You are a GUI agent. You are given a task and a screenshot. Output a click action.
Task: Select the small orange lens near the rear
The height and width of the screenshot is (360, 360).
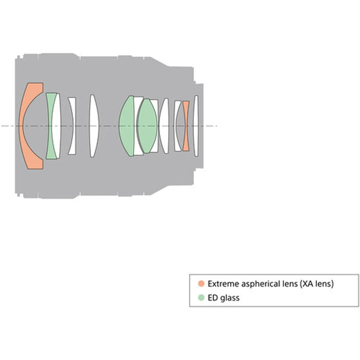pyautogui.click(x=186, y=126)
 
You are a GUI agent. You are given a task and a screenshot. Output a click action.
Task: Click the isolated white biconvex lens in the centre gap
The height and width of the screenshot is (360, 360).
pyautogui.click(x=94, y=126)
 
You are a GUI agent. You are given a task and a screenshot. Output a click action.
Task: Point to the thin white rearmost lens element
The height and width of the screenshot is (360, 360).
pyautogui.click(x=196, y=126)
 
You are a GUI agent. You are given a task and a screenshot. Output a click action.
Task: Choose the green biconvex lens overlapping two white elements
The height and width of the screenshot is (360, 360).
pyautogui.click(x=148, y=126)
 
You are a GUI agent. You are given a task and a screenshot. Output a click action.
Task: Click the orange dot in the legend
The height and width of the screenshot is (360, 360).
pyautogui.click(x=201, y=283)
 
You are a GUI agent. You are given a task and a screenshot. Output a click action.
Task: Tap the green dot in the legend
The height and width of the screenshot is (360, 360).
pyautogui.click(x=201, y=298)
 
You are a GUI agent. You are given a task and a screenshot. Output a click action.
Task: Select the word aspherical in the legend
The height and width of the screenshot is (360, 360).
pyautogui.click(x=260, y=284)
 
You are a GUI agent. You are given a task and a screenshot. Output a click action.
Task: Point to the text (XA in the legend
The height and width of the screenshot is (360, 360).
pyautogui.click(x=306, y=284)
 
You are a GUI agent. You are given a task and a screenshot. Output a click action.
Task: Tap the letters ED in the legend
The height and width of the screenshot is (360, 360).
pyautogui.click(x=212, y=298)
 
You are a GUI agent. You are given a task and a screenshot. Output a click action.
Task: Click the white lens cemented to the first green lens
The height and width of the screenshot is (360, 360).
pyautogui.click(x=57, y=126)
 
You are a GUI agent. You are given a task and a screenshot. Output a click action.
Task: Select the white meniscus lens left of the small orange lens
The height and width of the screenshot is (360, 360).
pyautogui.click(x=178, y=126)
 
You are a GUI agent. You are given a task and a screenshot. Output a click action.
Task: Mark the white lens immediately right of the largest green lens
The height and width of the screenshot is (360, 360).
pyautogui.click(x=139, y=126)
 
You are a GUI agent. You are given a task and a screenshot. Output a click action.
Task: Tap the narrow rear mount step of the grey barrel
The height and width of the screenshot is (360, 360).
pyautogui.click(x=199, y=126)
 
